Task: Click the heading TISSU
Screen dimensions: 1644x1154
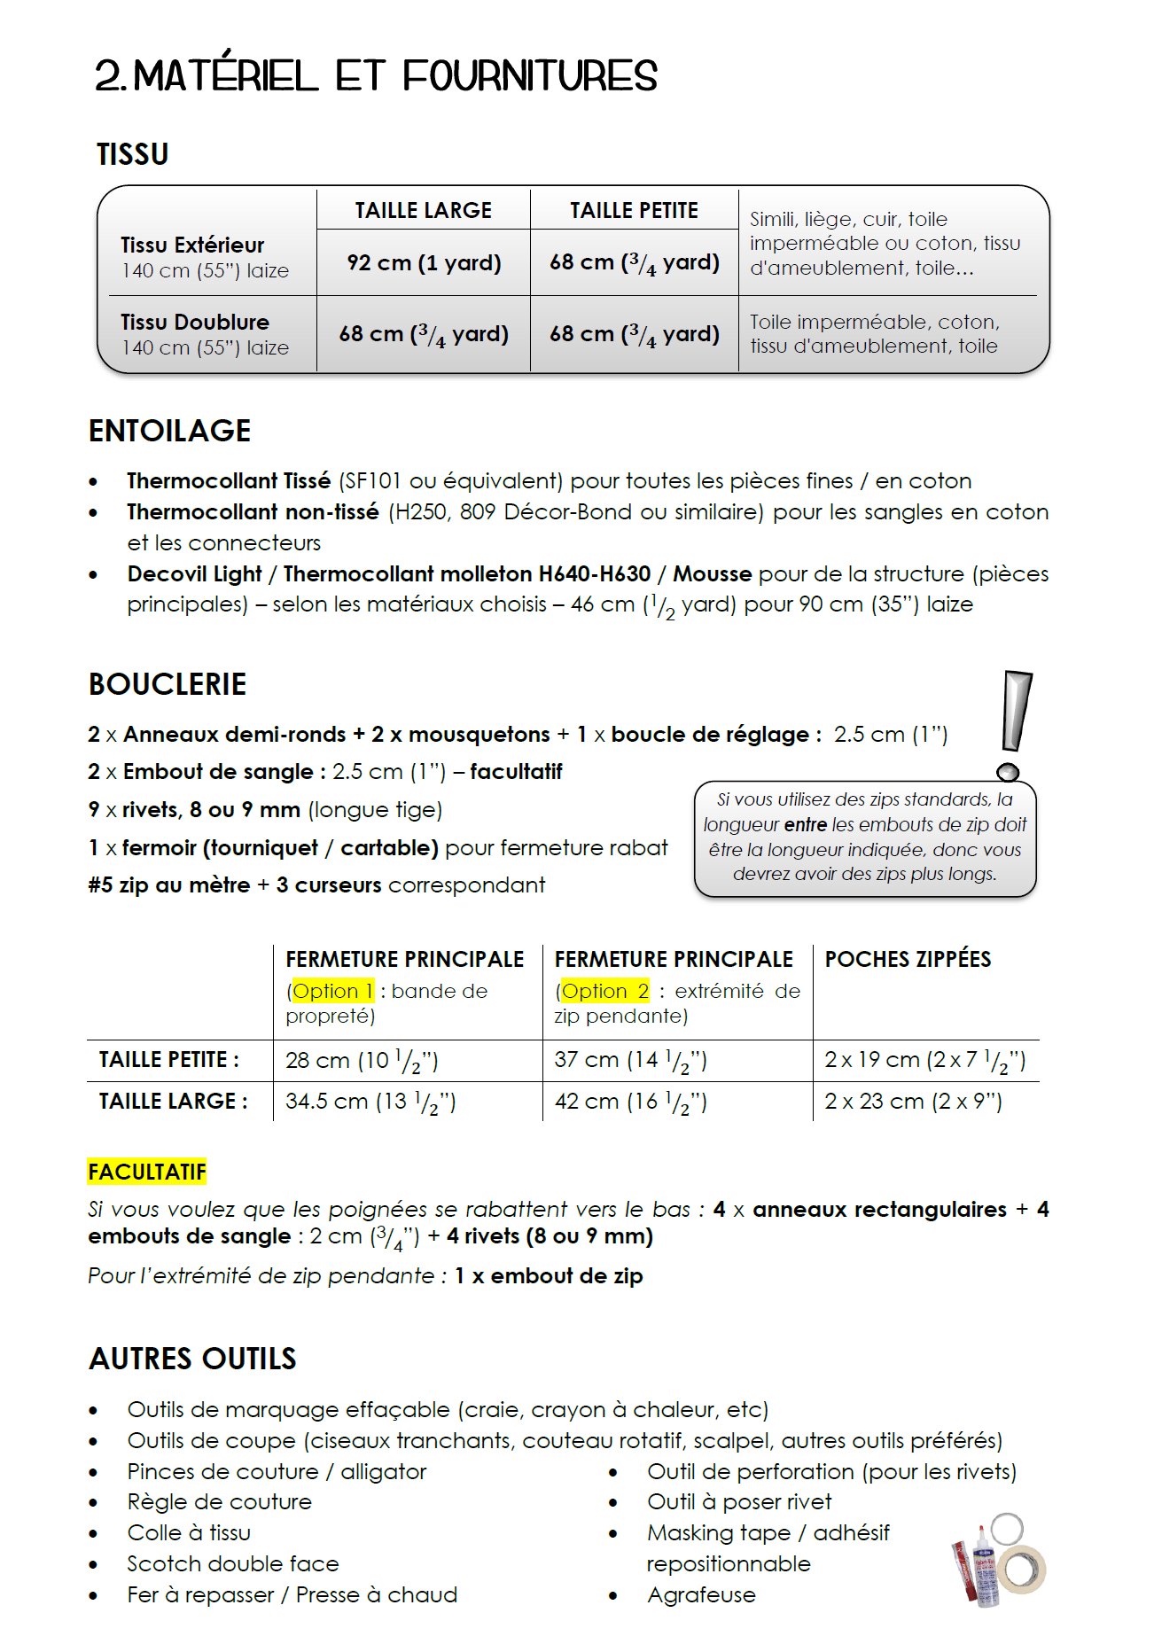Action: point(133,154)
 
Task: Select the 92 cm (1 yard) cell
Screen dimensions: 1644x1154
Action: point(424,263)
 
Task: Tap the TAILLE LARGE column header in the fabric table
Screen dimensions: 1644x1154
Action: point(424,211)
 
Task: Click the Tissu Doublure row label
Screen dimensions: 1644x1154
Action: point(195,323)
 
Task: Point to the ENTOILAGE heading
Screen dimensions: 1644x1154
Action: point(170,431)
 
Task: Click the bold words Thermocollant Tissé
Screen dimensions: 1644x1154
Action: point(229,481)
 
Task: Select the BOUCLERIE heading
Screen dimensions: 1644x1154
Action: point(168,684)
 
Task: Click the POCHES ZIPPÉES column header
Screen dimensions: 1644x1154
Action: point(908,960)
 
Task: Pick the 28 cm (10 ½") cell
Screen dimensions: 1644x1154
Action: point(362,1061)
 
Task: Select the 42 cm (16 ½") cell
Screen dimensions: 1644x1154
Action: point(630,1102)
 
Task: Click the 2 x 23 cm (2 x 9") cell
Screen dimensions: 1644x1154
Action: point(913,1102)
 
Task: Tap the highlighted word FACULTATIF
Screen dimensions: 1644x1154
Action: point(147,1172)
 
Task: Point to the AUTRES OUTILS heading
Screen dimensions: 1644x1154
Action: point(192,1359)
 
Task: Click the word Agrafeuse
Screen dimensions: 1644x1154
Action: point(701,1595)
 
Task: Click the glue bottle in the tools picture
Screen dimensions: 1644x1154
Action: point(985,1569)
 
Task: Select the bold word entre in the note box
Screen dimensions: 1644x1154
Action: point(806,825)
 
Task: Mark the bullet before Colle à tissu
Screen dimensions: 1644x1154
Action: point(93,1534)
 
